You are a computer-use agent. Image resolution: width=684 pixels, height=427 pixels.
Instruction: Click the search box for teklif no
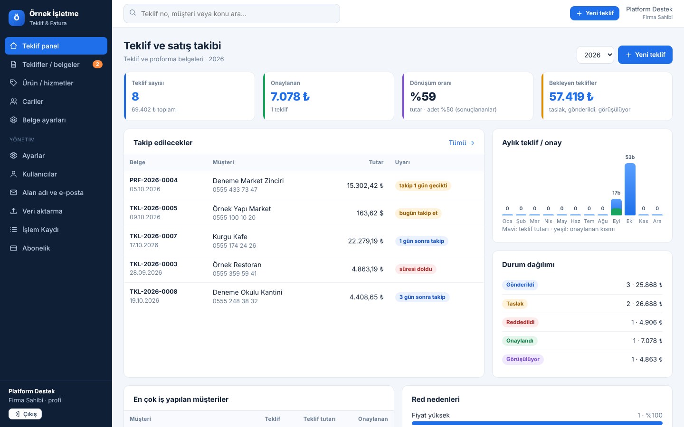point(231,13)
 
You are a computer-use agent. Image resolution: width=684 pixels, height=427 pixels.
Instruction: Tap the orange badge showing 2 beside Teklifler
point(97,64)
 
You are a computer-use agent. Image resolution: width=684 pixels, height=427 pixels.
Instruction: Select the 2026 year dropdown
point(595,55)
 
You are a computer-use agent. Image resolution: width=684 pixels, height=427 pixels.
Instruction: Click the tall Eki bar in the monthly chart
point(630,189)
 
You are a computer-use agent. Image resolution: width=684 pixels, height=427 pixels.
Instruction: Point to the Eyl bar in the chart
point(616,207)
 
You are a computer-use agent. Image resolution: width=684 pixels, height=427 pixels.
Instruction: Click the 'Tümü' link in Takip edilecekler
point(461,143)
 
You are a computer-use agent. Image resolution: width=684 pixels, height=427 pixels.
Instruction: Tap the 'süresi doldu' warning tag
point(416,269)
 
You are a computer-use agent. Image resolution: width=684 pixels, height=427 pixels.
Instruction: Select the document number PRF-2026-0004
point(153,180)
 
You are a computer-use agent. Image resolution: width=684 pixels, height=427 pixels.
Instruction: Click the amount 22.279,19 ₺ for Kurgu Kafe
point(366,241)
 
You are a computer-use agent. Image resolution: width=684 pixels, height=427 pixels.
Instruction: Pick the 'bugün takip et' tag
point(418,213)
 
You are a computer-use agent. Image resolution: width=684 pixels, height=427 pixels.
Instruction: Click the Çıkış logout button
point(25,414)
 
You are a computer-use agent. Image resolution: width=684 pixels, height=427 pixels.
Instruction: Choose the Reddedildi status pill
point(520,322)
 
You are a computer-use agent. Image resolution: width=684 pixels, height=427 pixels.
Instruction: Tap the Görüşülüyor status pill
point(523,359)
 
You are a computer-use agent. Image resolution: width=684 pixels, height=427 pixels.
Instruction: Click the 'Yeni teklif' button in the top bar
point(595,13)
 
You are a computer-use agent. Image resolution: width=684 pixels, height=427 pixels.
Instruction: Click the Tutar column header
point(376,162)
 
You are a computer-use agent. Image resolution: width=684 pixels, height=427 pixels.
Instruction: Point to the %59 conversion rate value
point(423,96)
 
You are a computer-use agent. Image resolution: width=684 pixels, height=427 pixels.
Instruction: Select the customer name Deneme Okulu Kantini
point(247,292)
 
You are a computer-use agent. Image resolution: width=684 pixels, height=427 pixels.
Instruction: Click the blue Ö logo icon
point(17,18)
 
